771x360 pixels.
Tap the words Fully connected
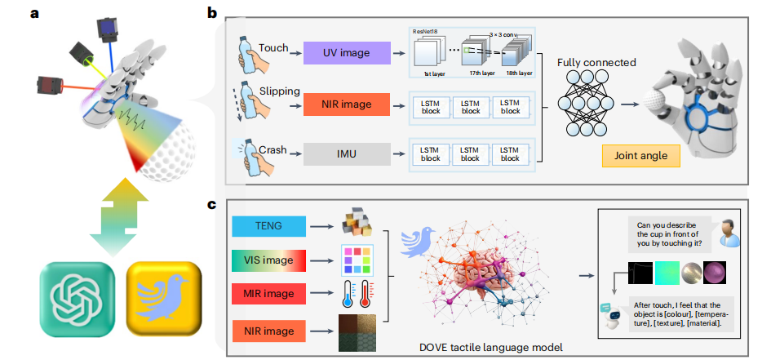tap(596, 62)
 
